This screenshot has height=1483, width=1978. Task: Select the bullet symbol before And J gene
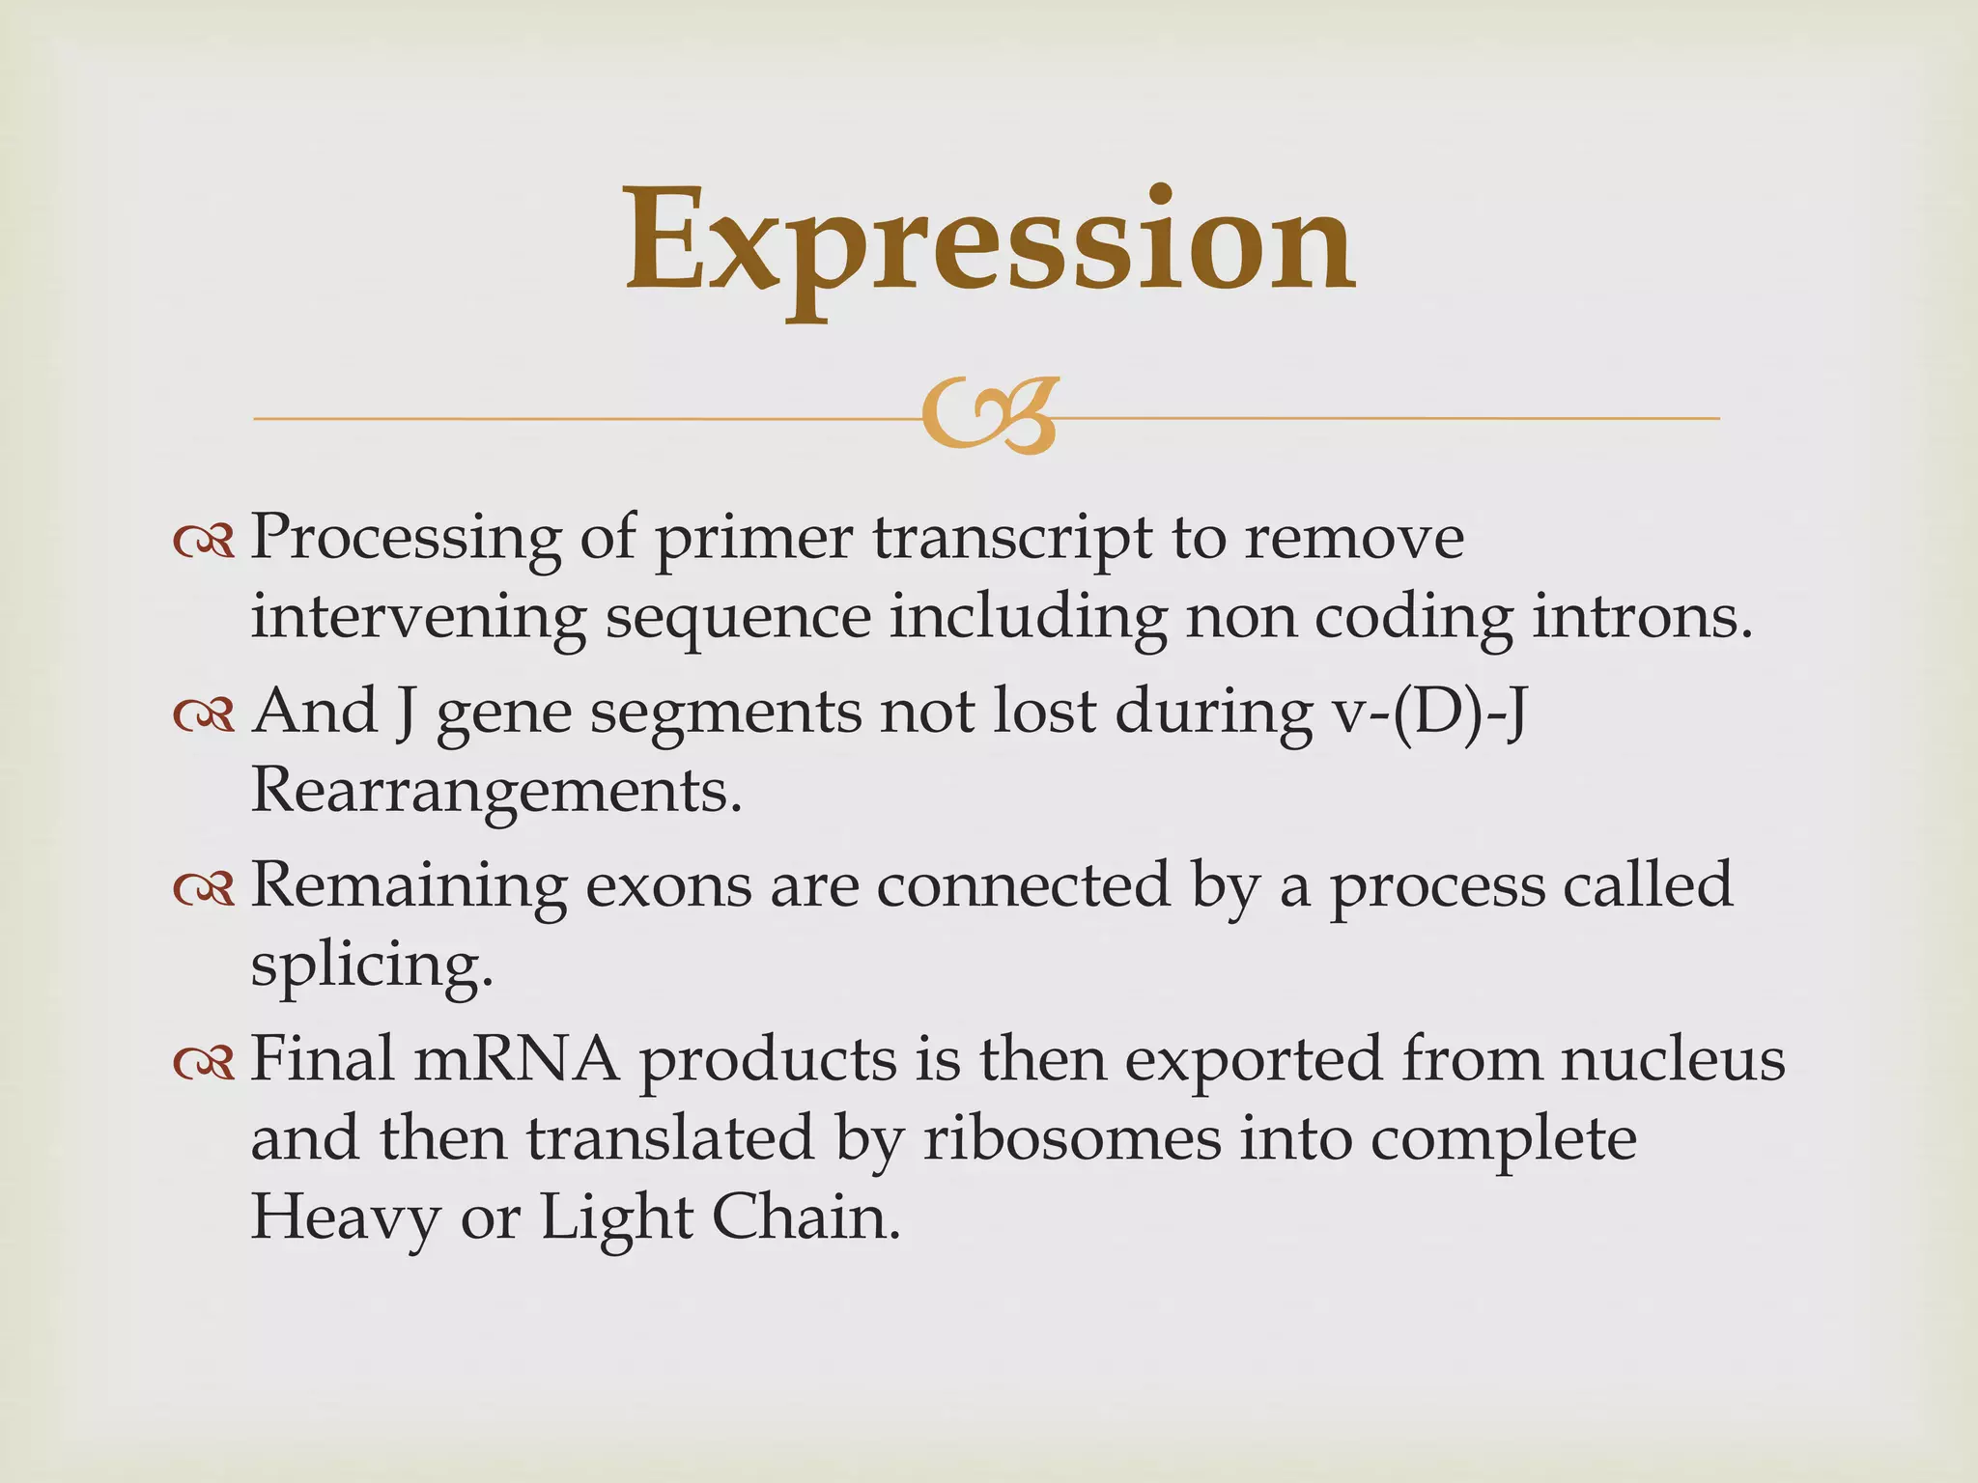(204, 715)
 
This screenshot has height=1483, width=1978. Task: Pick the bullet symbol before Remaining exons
(204, 889)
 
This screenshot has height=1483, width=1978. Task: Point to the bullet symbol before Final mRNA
(204, 1063)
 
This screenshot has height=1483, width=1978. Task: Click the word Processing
(406, 539)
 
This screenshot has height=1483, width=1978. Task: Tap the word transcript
(1013, 539)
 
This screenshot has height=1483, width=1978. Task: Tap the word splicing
(372, 965)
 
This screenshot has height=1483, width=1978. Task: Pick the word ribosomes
(1072, 1139)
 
